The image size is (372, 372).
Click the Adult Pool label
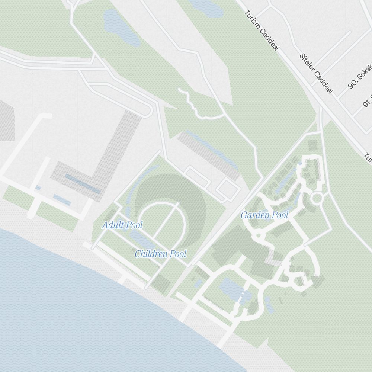[122, 225]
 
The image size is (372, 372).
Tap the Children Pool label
[160, 254]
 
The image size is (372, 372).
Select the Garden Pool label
[264, 215]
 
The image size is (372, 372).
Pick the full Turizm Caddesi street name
[262, 30]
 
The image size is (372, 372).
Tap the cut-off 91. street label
[367, 100]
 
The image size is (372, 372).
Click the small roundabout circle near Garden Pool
[316, 198]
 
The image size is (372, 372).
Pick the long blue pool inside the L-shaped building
[83, 184]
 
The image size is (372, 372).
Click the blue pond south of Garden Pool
[232, 288]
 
